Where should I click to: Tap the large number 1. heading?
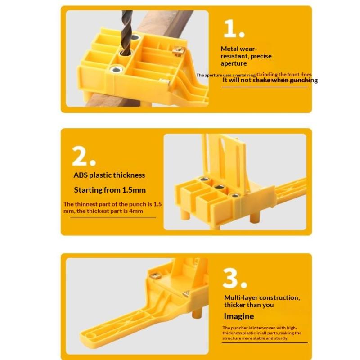(234, 29)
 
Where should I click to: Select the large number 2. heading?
(83, 156)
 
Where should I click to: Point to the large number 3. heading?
(234, 279)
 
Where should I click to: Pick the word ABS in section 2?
(81, 175)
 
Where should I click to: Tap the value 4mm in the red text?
(136, 211)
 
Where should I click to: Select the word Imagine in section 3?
(239, 316)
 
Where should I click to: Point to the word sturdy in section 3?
(279, 338)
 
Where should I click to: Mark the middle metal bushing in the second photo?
(219, 187)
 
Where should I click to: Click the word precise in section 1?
(261, 56)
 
